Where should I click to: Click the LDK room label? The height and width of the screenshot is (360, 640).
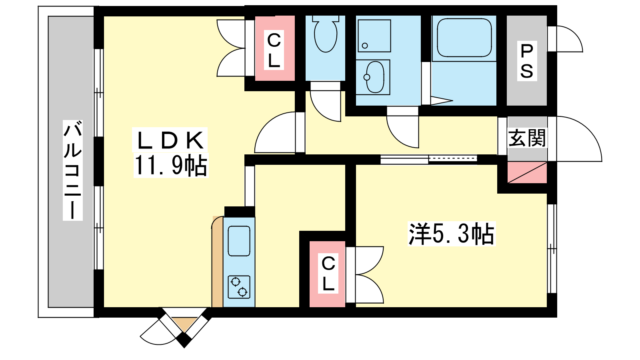point(170,140)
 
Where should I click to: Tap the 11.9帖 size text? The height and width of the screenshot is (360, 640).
point(171,166)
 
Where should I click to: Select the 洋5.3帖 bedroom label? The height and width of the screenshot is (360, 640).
point(452,234)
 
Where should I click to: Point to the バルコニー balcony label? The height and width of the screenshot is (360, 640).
point(73,170)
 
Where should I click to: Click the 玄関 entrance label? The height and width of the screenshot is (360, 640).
point(527,138)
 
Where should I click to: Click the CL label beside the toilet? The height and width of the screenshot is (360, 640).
point(274,50)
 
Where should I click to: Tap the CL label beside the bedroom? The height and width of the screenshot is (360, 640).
point(328,274)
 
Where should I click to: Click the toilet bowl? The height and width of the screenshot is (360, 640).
point(326,35)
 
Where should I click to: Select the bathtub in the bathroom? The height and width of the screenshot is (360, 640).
point(464,38)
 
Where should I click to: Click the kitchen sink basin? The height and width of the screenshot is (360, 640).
point(239,241)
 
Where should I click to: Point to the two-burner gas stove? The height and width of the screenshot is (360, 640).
point(239,287)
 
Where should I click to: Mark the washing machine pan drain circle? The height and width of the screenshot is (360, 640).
point(364,46)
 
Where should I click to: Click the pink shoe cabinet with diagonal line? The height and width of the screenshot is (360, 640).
point(527,172)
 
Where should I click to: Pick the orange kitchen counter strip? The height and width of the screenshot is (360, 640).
point(218,262)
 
